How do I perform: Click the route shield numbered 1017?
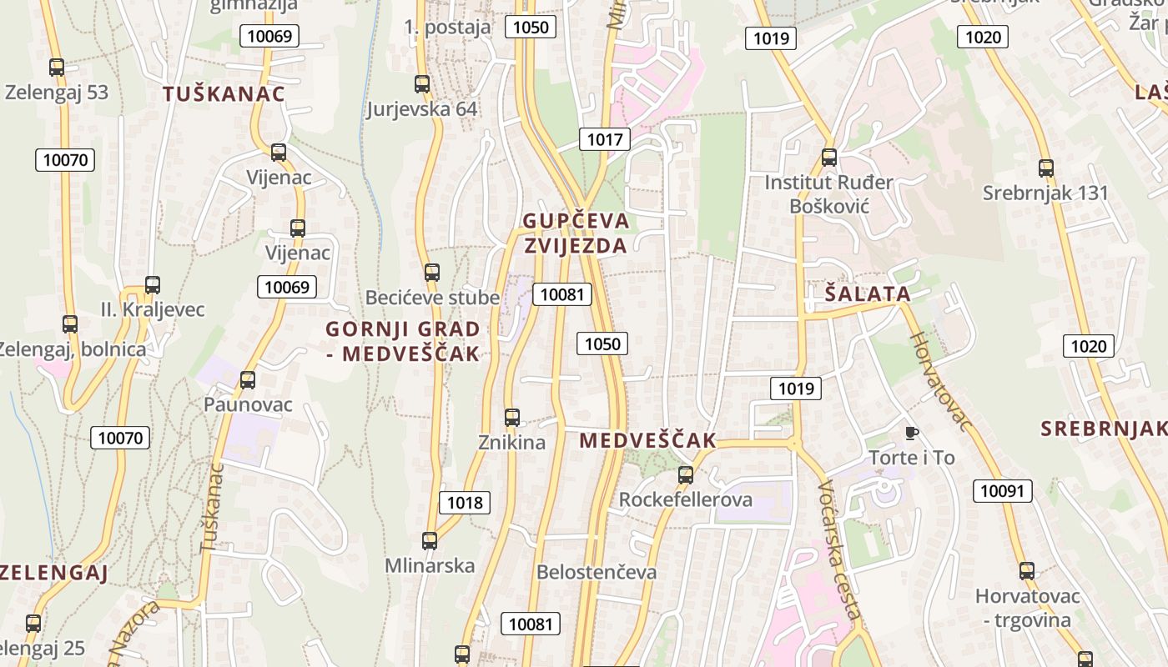click(x=605, y=139)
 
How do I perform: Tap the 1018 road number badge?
click(x=465, y=502)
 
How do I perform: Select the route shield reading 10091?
click(x=1002, y=491)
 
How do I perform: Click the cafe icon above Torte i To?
click(x=912, y=433)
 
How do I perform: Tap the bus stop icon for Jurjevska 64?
click(x=422, y=84)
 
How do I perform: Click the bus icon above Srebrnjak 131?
click(x=1046, y=168)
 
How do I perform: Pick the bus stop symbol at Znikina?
click(x=512, y=418)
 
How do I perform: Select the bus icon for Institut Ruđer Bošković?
click(x=829, y=158)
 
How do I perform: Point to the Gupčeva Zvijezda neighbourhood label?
click(x=576, y=233)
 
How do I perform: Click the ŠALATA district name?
click(x=868, y=293)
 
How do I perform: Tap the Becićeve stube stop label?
click(x=432, y=298)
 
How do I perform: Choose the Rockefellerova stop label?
click(x=685, y=499)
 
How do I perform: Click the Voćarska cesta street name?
click(x=838, y=551)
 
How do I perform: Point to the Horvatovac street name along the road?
click(x=940, y=382)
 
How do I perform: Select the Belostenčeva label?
click(x=597, y=572)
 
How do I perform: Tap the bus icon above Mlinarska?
click(x=430, y=541)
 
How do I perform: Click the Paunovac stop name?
click(x=248, y=404)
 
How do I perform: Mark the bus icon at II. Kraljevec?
click(x=153, y=285)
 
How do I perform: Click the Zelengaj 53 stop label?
click(x=57, y=93)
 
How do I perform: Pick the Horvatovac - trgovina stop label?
click(x=1027, y=608)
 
